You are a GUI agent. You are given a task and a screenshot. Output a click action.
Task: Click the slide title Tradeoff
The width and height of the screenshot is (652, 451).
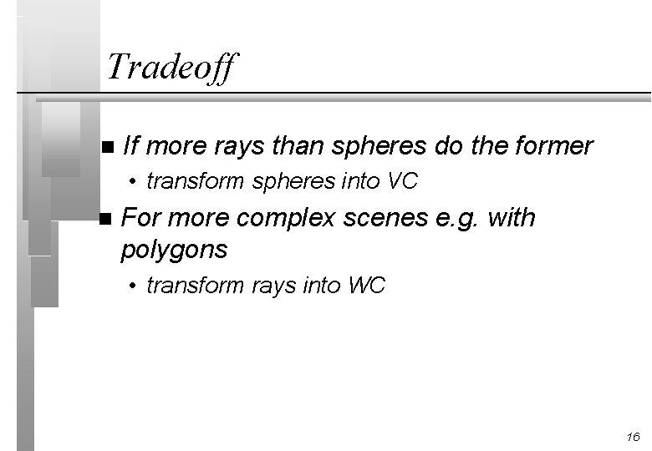[172, 66]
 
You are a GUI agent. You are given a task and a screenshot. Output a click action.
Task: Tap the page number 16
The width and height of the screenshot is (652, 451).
[632, 437]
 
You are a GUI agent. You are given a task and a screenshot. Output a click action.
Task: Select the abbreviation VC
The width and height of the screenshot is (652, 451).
[401, 180]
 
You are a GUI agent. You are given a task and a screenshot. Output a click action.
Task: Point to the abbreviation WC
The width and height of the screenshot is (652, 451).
[367, 286]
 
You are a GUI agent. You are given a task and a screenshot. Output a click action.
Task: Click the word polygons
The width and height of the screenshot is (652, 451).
[174, 249]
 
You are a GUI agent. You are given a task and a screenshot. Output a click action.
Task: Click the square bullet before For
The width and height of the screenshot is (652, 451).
[104, 220]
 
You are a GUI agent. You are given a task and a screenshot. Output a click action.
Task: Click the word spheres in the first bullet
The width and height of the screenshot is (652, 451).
[380, 146]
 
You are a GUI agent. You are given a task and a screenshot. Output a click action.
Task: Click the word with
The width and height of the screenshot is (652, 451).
[512, 219]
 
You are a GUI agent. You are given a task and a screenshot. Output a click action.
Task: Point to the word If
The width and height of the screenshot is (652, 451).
[130, 146]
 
